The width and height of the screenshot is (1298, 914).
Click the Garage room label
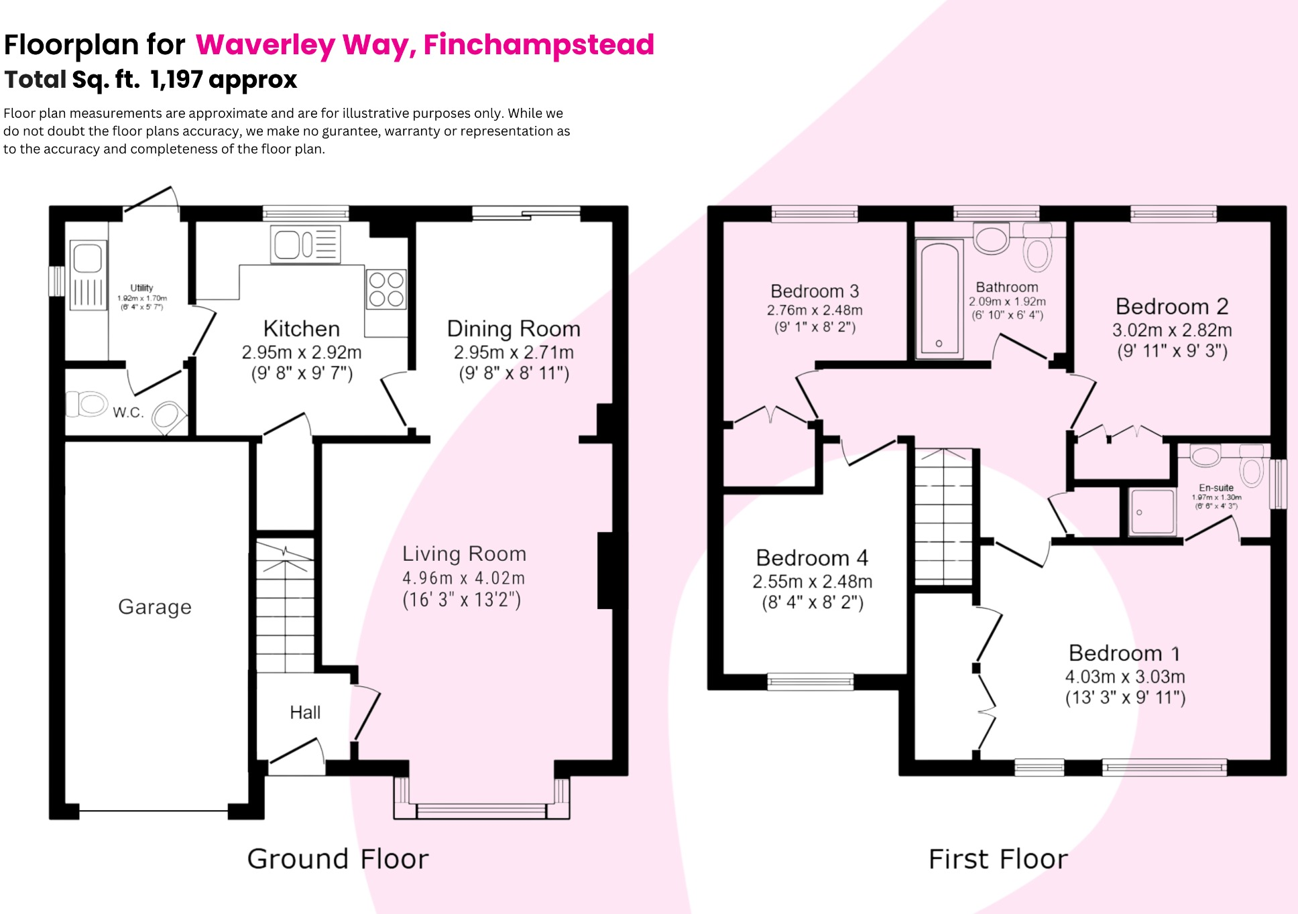[155, 607]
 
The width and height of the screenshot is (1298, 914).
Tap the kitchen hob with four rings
[386, 289]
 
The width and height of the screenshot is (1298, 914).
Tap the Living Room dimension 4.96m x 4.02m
[463, 578]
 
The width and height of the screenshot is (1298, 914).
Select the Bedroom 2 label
[1171, 306]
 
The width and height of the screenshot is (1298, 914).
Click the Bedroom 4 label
[812, 558]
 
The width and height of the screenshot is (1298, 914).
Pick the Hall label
[305, 712]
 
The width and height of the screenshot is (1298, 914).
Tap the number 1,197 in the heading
[176, 80]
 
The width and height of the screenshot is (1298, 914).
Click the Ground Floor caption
[338, 859]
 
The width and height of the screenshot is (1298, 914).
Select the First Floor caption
[998, 859]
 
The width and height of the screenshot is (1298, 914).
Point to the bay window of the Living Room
[481, 809]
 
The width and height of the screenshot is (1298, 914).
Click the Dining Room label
[514, 329]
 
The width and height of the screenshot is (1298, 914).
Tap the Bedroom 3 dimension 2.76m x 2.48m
[815, 310]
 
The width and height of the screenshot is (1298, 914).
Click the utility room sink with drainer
[88, 275]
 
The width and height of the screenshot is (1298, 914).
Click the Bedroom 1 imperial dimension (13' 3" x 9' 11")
[1125, 698]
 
